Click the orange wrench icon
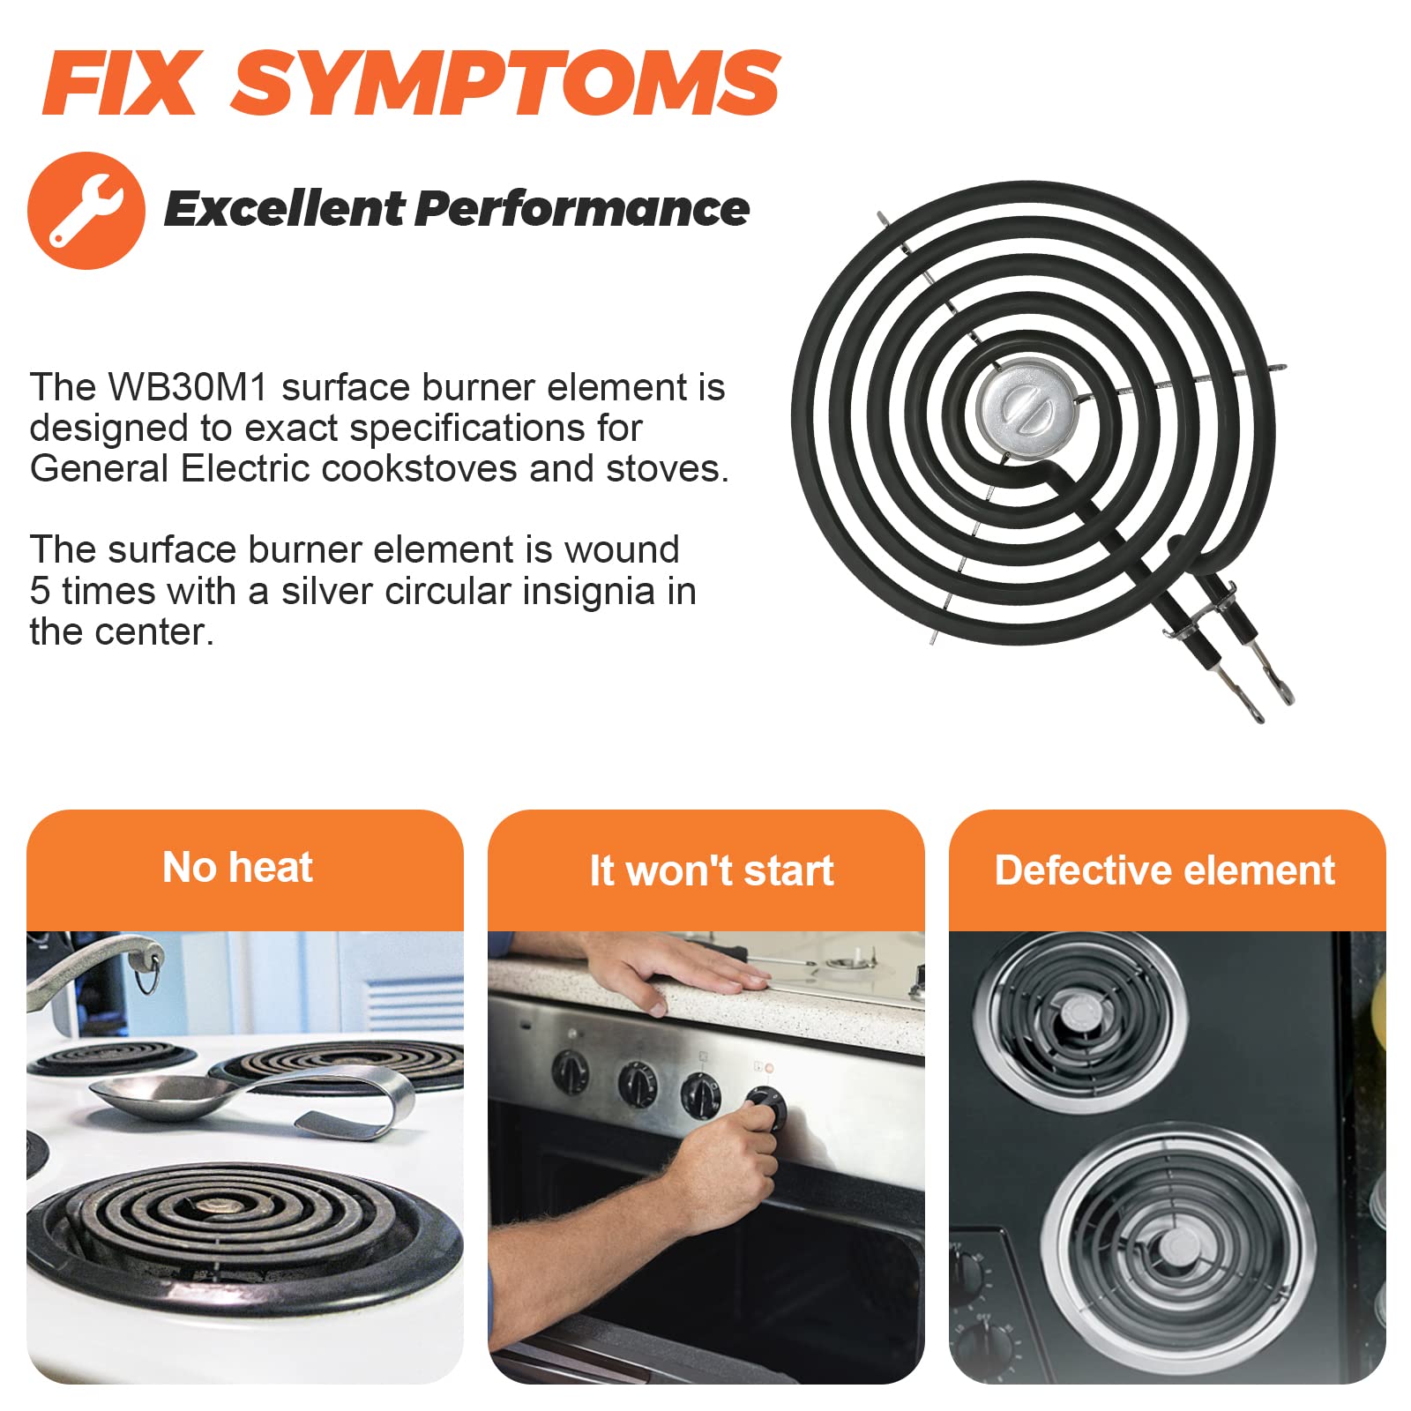86,211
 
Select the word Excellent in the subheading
283,209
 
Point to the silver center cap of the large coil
1024,410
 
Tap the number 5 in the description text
40,591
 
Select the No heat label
238,868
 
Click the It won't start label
712,870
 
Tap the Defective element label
1165,870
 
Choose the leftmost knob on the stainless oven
571,1071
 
